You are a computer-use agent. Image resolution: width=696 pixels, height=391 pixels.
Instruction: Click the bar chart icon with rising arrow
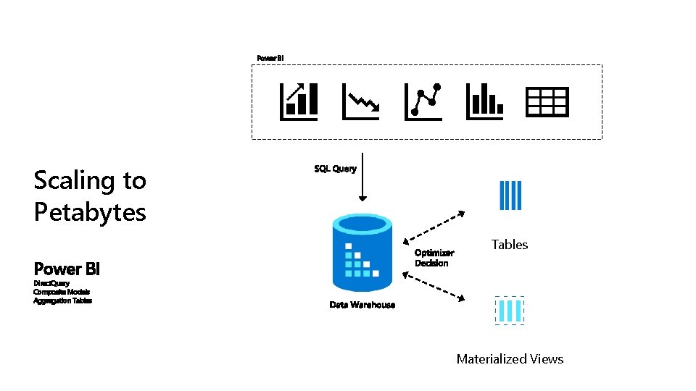299,101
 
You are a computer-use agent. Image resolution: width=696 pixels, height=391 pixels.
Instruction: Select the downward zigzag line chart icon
360,101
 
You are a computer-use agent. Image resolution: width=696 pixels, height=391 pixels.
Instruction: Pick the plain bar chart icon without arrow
484,101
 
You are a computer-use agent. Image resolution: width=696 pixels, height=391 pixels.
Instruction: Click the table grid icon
547,102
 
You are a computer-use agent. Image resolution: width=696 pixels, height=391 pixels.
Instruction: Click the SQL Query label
335,169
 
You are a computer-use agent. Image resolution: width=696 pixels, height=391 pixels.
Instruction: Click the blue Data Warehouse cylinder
362,253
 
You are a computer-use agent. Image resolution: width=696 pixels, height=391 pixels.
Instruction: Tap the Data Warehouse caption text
362,305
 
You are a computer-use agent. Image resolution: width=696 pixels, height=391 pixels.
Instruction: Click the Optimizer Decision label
434,258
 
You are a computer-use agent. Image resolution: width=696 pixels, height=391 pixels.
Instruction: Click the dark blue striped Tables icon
510,195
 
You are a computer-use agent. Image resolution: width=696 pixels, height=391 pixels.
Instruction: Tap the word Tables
510,245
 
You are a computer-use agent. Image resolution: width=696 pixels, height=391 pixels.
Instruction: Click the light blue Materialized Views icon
510,311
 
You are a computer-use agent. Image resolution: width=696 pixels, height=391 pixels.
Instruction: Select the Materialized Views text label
510,359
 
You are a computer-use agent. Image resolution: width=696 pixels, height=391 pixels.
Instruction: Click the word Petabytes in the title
90,212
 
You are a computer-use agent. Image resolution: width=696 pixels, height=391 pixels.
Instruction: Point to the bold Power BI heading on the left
67,269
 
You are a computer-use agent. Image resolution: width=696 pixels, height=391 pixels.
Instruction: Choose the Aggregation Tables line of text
62,300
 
